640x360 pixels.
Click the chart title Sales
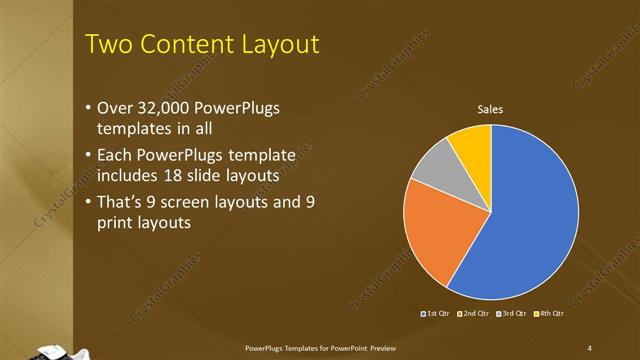point(490,109)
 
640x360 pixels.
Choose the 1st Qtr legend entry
point(436,315)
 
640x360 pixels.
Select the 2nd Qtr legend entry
point(472,315)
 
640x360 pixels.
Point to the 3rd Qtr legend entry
point(509,315)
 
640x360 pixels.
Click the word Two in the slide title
point(106,45)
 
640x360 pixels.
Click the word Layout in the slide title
point(279,45)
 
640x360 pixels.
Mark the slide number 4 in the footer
point(590,347)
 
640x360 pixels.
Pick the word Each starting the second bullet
point(115,155)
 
